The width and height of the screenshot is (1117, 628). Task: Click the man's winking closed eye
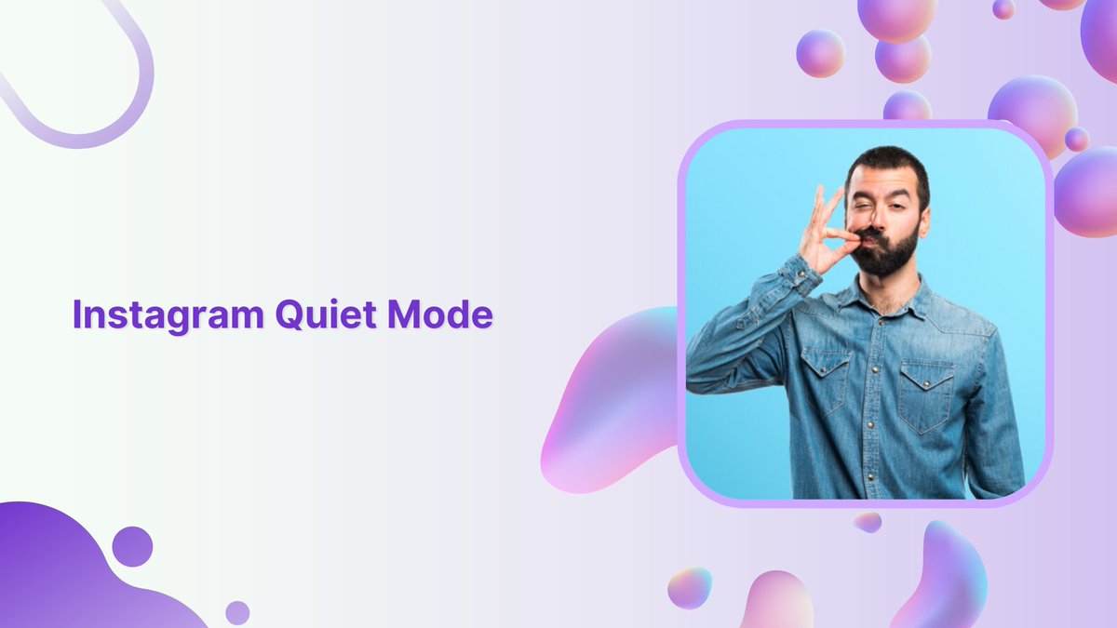[x=867, y=204]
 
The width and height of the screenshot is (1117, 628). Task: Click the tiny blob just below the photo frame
[x=868, y=522]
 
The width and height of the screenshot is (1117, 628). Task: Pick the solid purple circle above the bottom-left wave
[x=132, y=546]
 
